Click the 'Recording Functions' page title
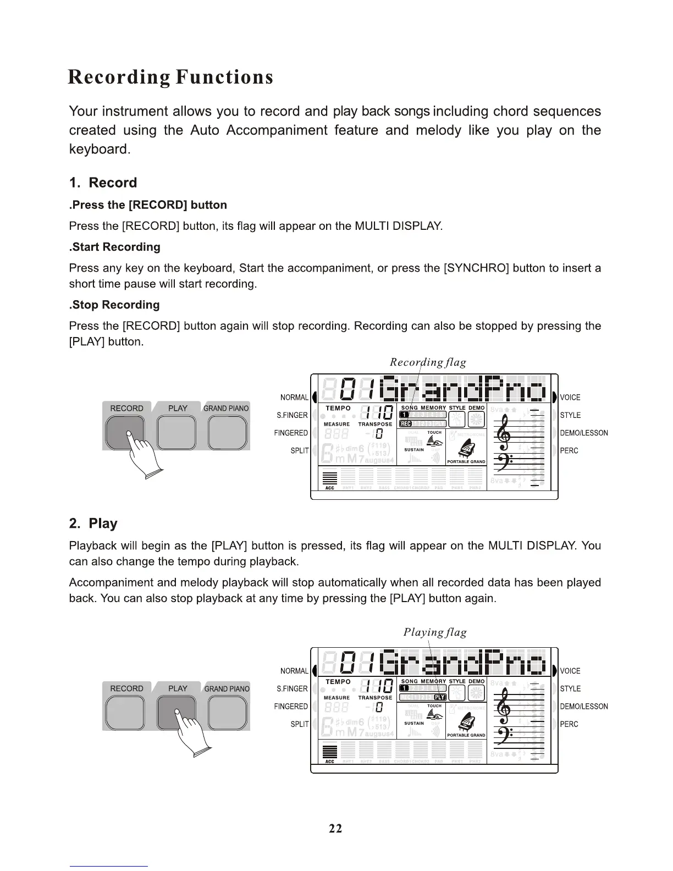tap(170, 77)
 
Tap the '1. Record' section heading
tap(103, 183)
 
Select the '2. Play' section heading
tap(93, 523)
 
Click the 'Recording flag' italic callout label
tap(428, 362)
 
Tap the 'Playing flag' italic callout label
tap(435, 632)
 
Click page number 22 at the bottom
tap(335, 829)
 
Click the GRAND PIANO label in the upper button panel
tap(226, 409)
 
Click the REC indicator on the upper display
tap(406, 424)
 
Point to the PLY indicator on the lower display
tap(440, 697)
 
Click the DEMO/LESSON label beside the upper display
tap(584, 433)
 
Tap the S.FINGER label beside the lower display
tap(292, 688)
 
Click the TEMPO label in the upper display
tap(338, 408)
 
